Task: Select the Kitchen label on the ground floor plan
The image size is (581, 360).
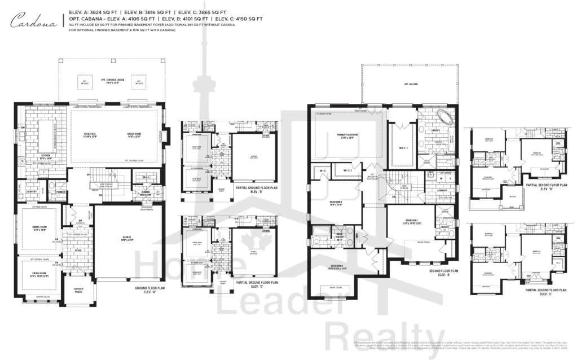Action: (45, 156)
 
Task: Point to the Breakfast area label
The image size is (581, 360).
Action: (90, 135)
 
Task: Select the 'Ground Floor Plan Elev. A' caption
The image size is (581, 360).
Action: (151, 289)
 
